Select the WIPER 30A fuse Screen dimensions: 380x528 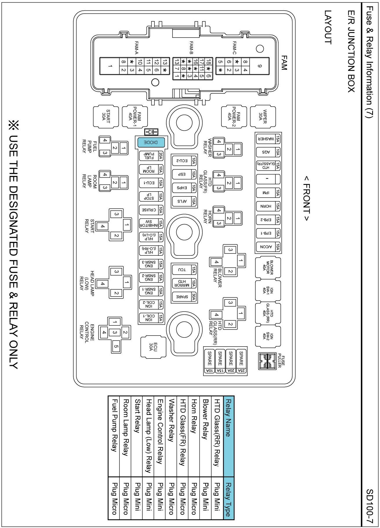click(263, 116)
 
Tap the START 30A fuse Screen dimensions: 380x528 click(106, 116)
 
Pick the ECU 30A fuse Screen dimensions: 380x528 click(153, 347)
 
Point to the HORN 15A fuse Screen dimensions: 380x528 click(268, 206)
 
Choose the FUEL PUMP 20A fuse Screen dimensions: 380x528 click(151, 156)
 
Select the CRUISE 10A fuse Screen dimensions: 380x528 click(151, 210)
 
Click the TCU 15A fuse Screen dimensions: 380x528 click(184, 270)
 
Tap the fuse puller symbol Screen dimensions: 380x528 click(267, 361)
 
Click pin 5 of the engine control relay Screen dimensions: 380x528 click(116, 346)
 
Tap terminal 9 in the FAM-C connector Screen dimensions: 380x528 click(259, 66)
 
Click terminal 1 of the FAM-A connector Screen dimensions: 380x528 click(110, 66)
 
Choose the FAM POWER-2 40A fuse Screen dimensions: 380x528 click(234, 116)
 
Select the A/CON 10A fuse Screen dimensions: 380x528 click(268, 247)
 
